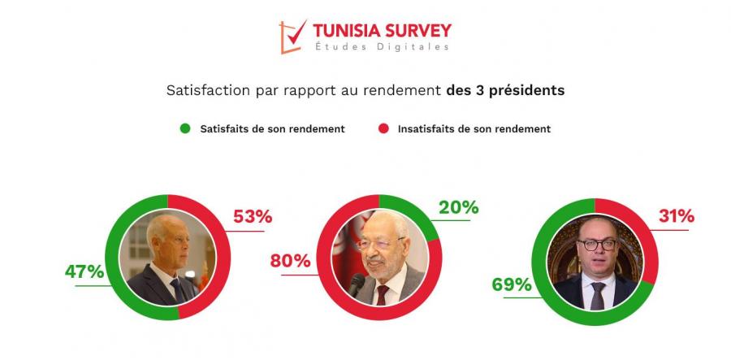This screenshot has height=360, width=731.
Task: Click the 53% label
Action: tap(252, 217)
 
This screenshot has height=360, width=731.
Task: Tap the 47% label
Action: tap(84, 272)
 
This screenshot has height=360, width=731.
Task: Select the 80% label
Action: tap(291, 261)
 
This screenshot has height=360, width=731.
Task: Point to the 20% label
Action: tap(459, 207)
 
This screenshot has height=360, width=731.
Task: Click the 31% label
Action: tap(675, 216)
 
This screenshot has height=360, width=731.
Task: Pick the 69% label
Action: tap(512, 284)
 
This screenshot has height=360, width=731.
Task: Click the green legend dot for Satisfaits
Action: tap(184, 128)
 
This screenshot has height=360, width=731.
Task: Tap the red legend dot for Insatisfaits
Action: tap(383, 128)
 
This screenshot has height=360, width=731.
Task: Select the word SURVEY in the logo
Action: tap(412, 31)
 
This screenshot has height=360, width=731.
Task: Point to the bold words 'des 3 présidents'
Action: tap(505, 90)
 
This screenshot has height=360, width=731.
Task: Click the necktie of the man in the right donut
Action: tap(598, 295)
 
